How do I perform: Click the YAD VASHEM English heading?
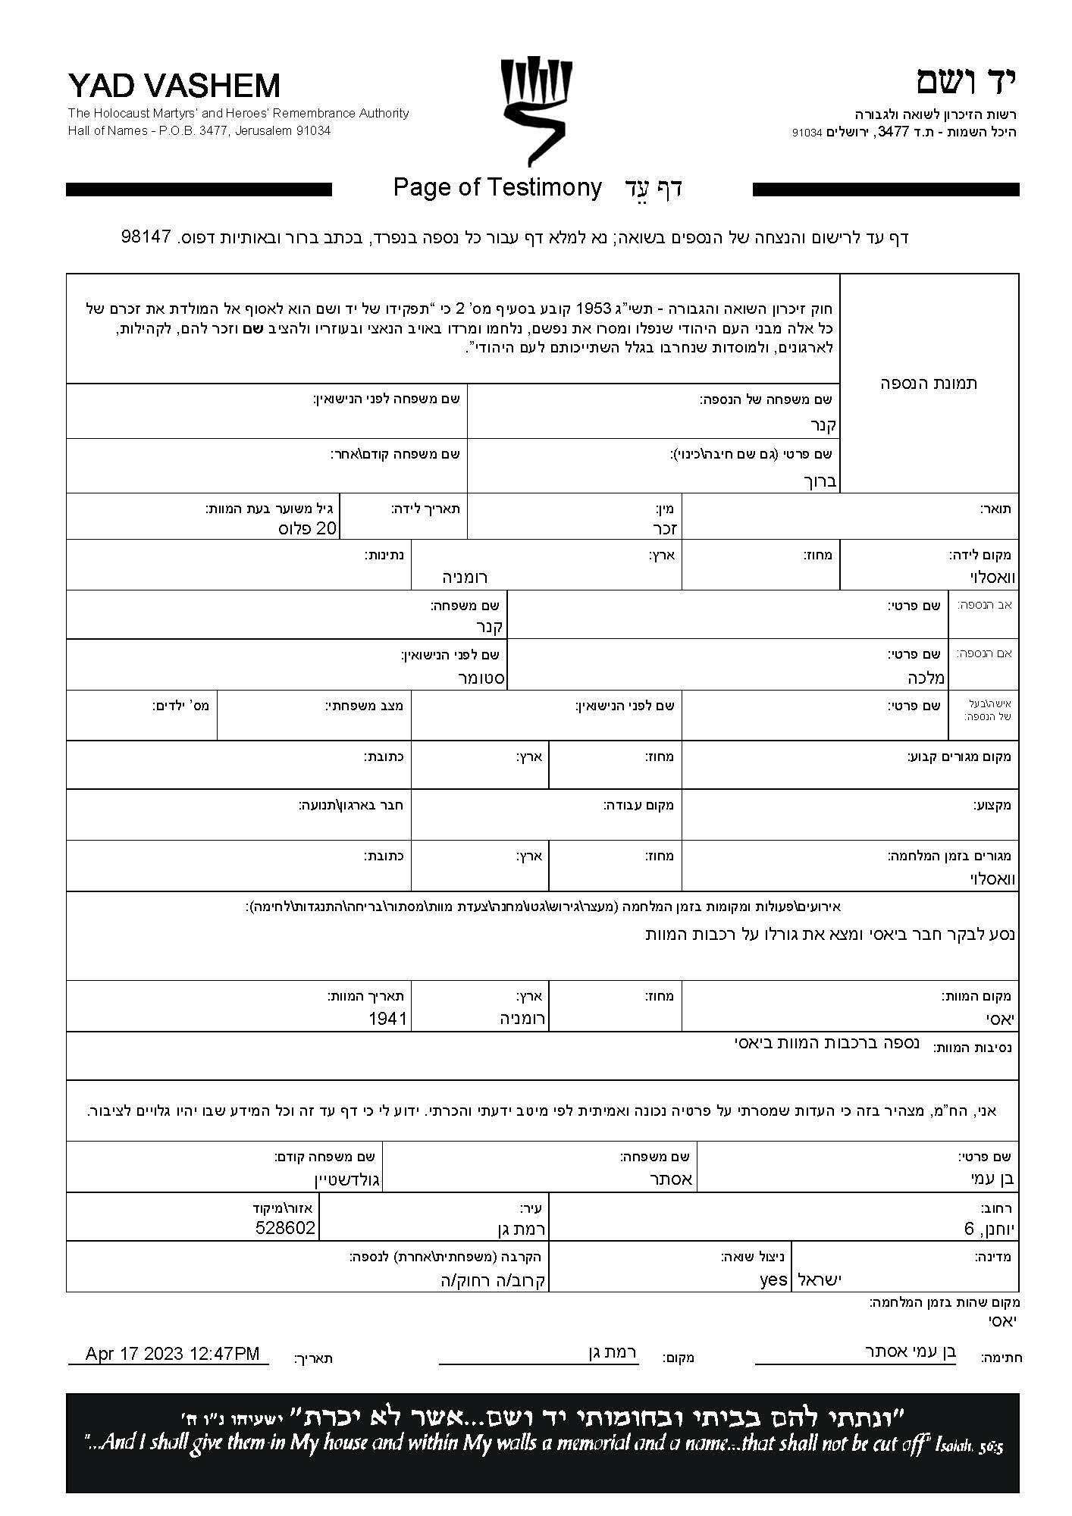(x=174, y=86)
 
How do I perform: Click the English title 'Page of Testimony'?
(x=497, y=187)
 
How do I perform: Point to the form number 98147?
(x=146, y=236)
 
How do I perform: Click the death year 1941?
(x=388, y=1018)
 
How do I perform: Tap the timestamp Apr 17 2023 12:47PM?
(x=172, y=1354)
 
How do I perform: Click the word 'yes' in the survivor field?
(x=773, y=1280)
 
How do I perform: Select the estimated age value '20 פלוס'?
(x=307, y=528)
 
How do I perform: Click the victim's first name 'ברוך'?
(x=820, y=481)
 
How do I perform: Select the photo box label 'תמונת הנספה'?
(x=929, y=384)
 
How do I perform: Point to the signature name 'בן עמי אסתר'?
(x=911, y=1351)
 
